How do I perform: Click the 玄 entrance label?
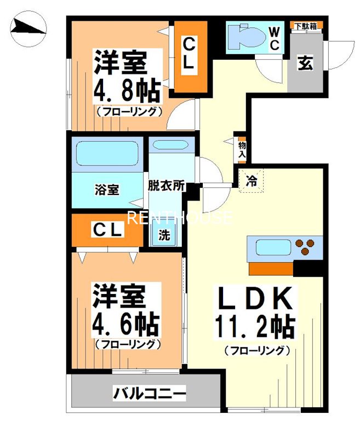tap(305, 63)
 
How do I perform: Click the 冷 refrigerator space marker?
tap(252, 179)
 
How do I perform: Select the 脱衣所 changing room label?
tap(165, 186)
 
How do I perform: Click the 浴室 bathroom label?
tap(107, 190)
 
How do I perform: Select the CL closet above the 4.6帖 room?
tap(106, 230)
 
